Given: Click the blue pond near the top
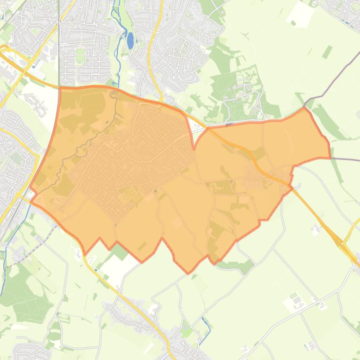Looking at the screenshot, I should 130,41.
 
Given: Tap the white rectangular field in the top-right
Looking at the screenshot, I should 299,14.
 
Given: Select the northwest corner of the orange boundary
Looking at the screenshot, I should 61,88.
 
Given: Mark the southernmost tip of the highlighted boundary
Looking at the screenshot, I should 188,273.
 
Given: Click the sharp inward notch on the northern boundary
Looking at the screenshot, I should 194,149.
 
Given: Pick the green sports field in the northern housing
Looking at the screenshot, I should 80,52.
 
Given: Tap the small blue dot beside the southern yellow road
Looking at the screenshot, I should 95,270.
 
